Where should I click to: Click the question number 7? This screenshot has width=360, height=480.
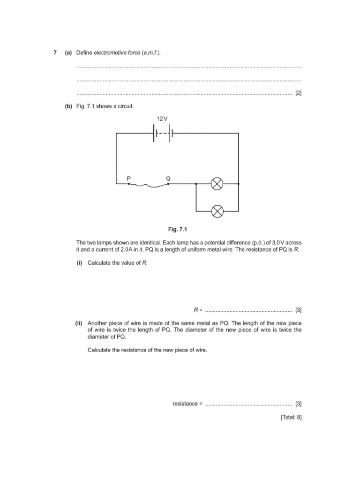(55, 53)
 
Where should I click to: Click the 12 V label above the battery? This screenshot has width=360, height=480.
(162, 119)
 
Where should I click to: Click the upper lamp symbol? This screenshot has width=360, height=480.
(217, 184)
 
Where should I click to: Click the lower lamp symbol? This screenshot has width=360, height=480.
(217, 211)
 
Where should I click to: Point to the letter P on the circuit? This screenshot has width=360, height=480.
(128, 178)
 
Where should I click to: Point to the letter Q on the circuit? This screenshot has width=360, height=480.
(168, 178)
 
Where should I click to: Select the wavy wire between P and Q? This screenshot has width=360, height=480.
(149, 185)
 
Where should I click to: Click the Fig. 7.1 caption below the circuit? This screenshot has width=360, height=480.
(178, 230)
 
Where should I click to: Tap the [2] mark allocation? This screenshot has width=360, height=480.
(298, 93)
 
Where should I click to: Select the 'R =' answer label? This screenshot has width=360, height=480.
(197, 310)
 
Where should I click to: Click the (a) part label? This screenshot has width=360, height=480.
(68, 53)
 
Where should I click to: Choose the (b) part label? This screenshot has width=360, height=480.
(68, 106)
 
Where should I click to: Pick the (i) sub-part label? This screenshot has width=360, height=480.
(79, 263)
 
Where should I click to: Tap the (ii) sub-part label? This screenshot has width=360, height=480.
(78, 323)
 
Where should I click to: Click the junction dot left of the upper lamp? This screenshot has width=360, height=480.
(196, 184)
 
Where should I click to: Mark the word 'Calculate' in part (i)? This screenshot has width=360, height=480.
(99, 263)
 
